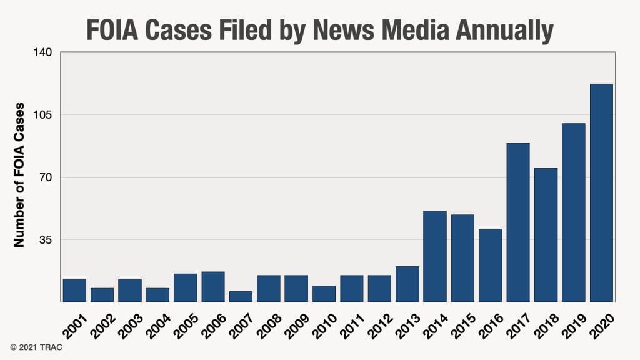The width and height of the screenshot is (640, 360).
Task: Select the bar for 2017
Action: (x=518, y=222)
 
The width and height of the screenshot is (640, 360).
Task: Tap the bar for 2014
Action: (x=435, y=256)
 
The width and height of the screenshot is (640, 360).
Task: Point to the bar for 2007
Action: (x=241, y=296)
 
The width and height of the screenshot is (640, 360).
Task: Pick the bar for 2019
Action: (x=573, y=212)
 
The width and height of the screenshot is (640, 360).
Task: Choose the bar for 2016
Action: (x=490, y=265)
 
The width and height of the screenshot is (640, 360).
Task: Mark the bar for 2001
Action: (x=74, y=290)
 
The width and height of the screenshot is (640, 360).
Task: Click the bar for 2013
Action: (x=407, y=284)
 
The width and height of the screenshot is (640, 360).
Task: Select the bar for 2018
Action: (x=546, y=235)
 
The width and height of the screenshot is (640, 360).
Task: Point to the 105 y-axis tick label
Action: (x=42, y=114)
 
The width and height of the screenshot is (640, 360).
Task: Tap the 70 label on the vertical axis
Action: (x=45, y=177)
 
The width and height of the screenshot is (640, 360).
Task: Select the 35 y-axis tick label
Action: (x=45, y=239)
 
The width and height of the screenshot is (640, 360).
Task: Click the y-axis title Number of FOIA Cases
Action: (x=19, y=175)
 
